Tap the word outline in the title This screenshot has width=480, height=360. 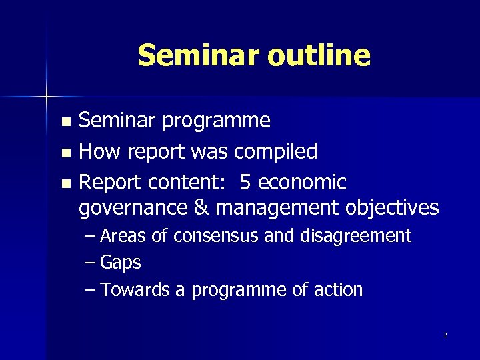click(x=318, y=55)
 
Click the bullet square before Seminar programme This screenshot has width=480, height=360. click(x=65, y=122)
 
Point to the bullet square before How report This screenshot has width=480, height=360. click(x=65, y=153)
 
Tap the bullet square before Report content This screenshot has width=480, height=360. click(x=65, y=183)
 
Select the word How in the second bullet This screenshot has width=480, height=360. click(x=99, y=151)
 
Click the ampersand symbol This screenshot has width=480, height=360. click(x=201, y=208)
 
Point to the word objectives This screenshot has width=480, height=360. click(x=392, y=208)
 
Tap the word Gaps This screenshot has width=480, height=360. click(x=121, y=263)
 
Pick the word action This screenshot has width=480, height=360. click(x=340, y=290)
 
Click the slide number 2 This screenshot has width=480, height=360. click(x=445, y=335)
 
